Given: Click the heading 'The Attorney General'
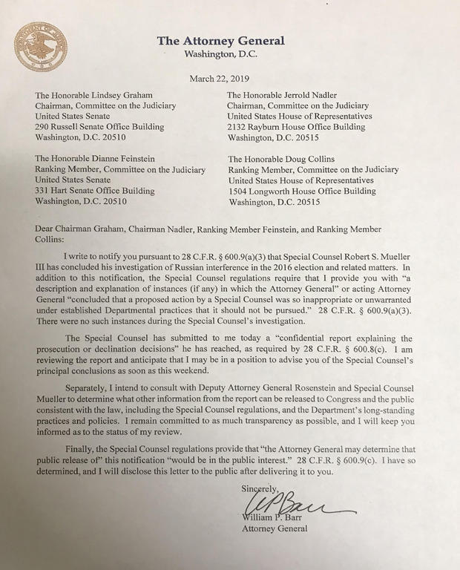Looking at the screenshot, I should [220, 41].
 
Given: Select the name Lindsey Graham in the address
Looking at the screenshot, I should [128, 95].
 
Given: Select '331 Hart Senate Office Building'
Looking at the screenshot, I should [95, 191].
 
